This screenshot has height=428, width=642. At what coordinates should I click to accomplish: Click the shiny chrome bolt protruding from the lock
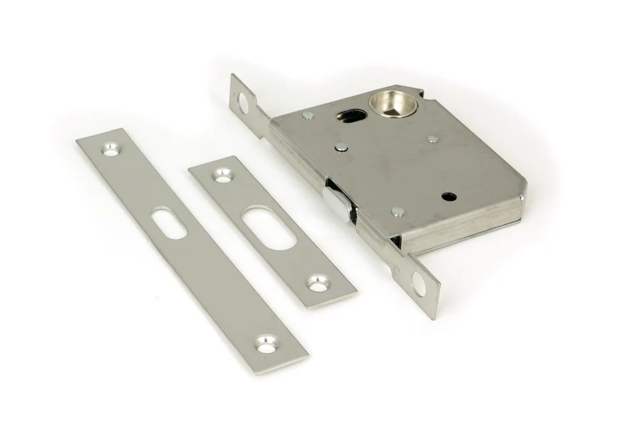[335, 200]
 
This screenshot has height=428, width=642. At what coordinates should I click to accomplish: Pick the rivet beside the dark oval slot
[306, 116]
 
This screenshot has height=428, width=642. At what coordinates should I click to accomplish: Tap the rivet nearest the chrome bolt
[397, 212]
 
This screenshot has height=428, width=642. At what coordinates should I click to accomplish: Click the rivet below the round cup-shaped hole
[432, 139]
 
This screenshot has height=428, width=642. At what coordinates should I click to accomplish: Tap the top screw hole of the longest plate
[111, 149]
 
